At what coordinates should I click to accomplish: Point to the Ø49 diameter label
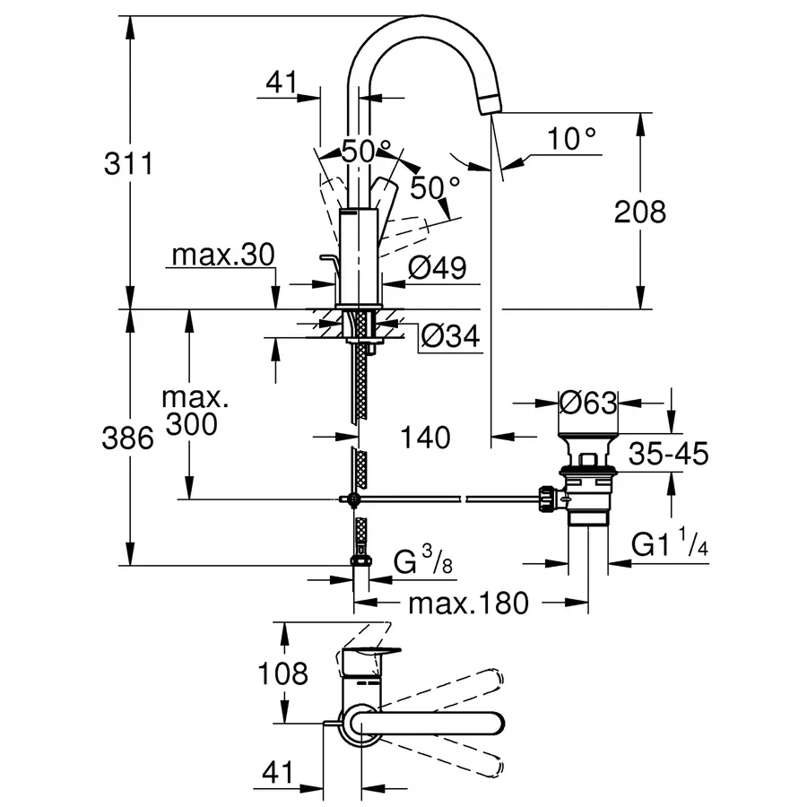(438, 267)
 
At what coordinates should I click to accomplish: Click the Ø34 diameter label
(450, 336)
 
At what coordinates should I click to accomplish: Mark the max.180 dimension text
(467, 603)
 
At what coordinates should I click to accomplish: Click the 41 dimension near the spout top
(281, 82)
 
